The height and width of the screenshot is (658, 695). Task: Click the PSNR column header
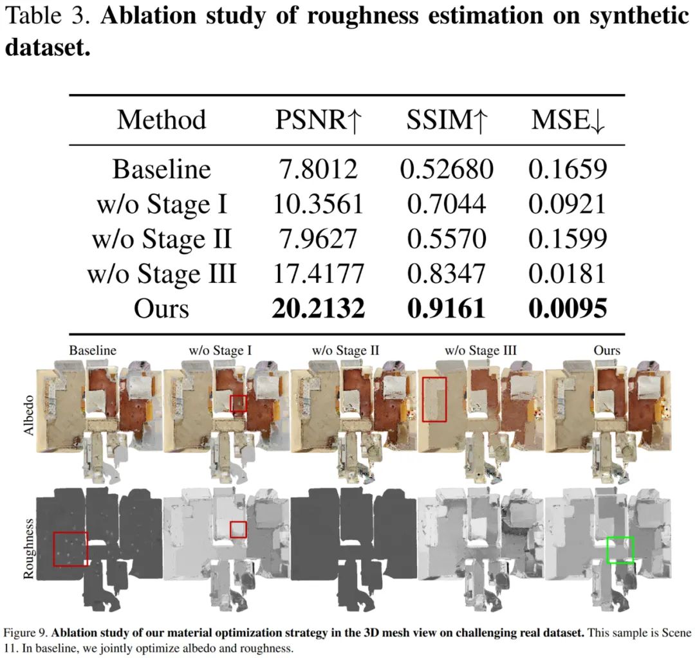point(318,120)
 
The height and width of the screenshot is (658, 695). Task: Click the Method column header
point(162,120)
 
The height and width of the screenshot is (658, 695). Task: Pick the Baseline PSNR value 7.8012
point(318,169)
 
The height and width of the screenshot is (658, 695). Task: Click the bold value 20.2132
point(318,309)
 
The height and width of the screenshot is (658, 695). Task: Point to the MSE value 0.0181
point(568,274)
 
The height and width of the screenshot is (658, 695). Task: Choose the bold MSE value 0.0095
point(568,309)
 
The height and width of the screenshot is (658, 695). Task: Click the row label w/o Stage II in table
point(162,239)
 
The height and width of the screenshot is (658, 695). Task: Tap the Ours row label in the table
point(162,309)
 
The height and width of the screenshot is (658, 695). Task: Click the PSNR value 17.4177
point(318,274)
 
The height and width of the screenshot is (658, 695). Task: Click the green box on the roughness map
point(620,551)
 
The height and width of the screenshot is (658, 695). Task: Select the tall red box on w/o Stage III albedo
point(434,399)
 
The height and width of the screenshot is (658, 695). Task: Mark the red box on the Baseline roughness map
point(71,549)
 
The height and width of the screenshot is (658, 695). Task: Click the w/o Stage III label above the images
point(481,351)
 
